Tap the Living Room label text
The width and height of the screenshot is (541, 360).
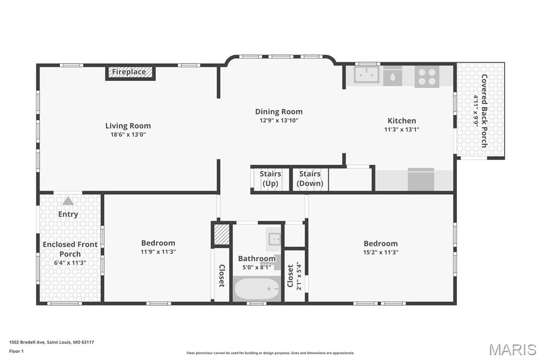pyautogui.click(x=128, y=126)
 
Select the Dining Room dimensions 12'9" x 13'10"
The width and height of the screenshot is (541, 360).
pyautogui.click(x=279, y=120)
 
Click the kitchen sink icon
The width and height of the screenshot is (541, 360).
pyautogui.click(x=366, y=75)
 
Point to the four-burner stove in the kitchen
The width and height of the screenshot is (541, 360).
pyautogui.click(x=427, y=76)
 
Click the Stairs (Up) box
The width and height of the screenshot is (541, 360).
pyautogui.click(x=270, y=179)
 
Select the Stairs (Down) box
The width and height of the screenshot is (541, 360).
pyautogui.click(x=310, y=179)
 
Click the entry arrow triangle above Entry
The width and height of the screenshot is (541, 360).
pyautogui.click(x=68, y=201)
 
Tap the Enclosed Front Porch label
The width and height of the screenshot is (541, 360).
pyautogui.click(x=70, y=249)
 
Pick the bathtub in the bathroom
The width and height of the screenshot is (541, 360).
pyautogui.click(x=257, y=289)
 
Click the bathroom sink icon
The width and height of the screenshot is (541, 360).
pyautogui.click(x=274, y=239)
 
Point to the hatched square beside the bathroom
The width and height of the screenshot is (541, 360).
pyautogui.click(x=222, y=235)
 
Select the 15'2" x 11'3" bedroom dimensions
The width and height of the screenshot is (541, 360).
pyautogui.click(x=380, y=252)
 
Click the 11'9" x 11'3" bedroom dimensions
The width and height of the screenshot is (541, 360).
pyautogui.click(x=158, y=252)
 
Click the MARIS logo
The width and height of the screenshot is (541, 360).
pyautogui.click(x=512, y=349)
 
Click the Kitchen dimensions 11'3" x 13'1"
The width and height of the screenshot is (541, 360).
pyautogui.click(x=402, y=129)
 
